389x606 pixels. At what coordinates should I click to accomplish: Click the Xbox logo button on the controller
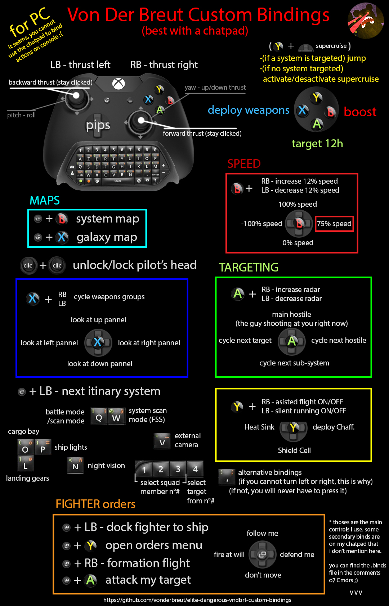(x=119, y=84)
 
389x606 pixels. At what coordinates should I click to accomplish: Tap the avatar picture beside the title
(x=365, y=21)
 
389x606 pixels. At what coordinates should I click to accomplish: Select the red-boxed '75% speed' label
(x=334, y=224)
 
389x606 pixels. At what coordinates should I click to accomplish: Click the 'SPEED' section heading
(x=244, y=163)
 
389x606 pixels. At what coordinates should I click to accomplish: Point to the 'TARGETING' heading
(x=249, y=267)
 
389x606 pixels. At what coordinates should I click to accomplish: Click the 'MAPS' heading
(x=45, y=200)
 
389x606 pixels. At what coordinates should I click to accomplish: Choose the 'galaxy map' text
(x=107, y=237)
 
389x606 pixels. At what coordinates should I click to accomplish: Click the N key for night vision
(x=75, y=466)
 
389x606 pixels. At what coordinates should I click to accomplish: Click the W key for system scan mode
(x=116, y=417)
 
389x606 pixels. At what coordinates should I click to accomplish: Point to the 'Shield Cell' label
(x=294, y=450)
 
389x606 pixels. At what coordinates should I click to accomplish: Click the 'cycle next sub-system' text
(x=294, y=363)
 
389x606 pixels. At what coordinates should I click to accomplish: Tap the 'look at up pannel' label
(x=98, y=320)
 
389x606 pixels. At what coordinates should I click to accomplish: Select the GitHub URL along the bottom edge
(x=197, y=600)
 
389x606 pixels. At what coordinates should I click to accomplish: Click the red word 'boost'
(x=360, y=112)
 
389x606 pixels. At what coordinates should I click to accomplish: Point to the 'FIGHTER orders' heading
(x=95, y=504)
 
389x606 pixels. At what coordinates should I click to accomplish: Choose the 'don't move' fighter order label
(x=263, y=575)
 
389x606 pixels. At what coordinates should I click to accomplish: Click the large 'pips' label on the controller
(x=98, y=125)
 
